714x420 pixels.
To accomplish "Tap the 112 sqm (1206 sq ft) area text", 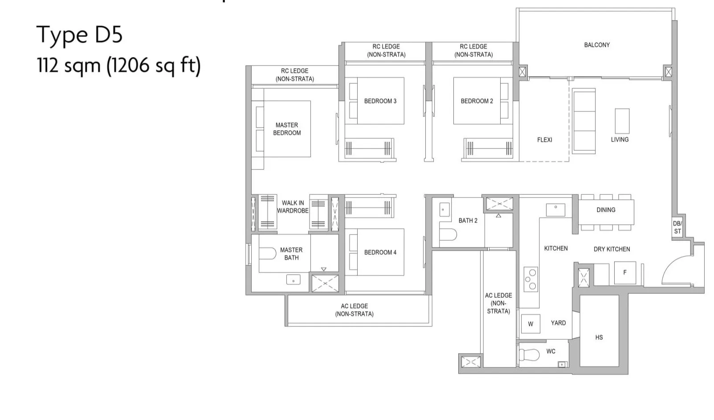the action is (x=119, y=66).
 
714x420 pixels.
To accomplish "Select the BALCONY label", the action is (x=597, y=45).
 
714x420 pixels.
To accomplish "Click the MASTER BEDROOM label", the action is (x=287, y=129).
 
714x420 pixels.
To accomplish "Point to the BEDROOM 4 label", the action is (x=380, y=252).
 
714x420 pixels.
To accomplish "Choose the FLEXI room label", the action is (x=544, y=140).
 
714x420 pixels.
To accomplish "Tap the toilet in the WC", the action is (x=529, y=354).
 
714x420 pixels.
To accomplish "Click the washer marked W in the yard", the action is (x=530, y=324).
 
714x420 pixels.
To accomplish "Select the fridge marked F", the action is (x=625, y=272).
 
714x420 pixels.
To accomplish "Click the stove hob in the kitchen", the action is (x=531, y=279).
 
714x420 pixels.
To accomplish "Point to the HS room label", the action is (x=599, y=338).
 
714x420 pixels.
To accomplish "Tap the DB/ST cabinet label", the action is (x=677, y=227).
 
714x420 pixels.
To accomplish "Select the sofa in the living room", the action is (x=583, y=121).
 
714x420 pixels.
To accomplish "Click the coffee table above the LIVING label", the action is (x=622, y=121).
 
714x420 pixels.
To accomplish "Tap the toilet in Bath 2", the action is (x=448, y=235).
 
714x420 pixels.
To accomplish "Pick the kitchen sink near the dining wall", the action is (x=555, y=210).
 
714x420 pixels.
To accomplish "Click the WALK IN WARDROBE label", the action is (x=293, y=207).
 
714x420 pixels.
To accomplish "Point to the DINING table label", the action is (x=606, y=210).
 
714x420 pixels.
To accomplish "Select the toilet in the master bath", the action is (x=267, y=254).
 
